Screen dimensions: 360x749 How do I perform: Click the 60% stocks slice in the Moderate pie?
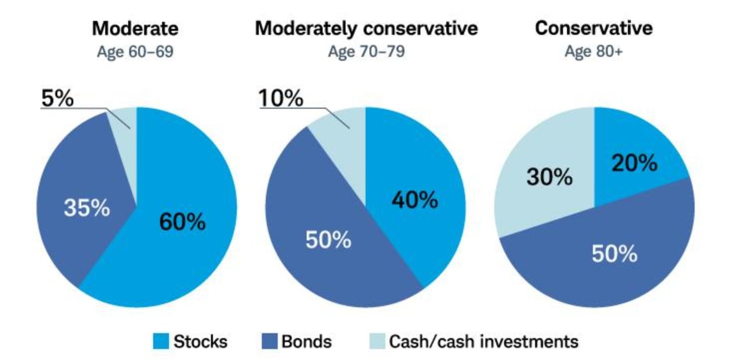click(182, 224)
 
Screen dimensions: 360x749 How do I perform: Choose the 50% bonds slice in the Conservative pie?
click(614, 255)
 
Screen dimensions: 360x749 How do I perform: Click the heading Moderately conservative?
click(366, 29)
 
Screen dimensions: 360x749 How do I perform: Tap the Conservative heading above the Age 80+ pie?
click(593, 28)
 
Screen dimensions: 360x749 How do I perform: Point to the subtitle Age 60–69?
click(135, 53)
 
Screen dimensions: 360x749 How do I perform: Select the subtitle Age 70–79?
click(366, 53)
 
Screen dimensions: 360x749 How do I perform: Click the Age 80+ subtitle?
click(593, 53)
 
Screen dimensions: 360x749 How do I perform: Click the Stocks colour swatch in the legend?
click(161, 342)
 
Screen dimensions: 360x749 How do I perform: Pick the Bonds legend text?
click(306, 342)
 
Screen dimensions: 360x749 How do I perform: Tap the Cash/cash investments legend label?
click(484, 342)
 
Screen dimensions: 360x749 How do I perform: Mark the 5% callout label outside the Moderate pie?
click(57, 98)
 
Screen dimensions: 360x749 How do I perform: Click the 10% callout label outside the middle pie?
click(281, 98)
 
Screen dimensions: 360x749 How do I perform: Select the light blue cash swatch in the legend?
click(377, 342)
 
